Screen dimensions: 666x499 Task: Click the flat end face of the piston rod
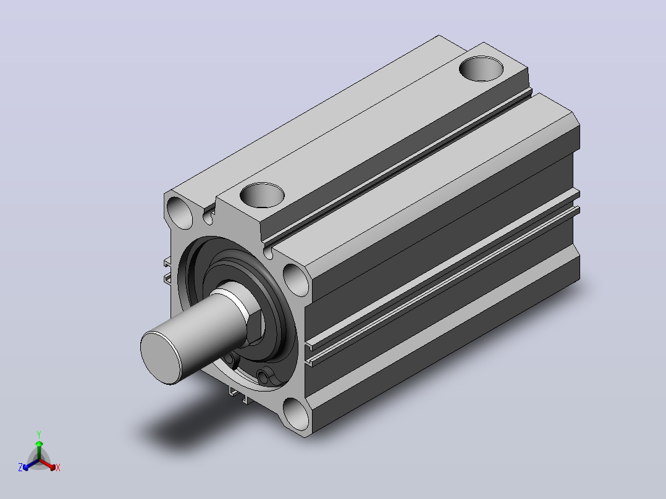pyautogui.click(x=161, y=358)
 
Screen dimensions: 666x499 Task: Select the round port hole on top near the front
pyautogui.click(x=262, y=195)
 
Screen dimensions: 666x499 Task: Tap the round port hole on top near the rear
pyautogui.click(x=481, y=69)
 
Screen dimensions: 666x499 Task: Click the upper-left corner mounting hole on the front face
pyautogui.click(x=180, y=213)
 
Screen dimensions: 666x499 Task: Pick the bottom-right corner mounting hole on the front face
pyautogui.click(x=296, y=414)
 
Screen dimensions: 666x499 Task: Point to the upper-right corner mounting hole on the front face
pyautogui.click(x=296, y=280)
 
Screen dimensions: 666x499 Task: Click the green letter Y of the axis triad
pyautogui.click(x=39, y=434)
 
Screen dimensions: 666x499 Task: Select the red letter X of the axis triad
pyautogui.click(x=58, y=468)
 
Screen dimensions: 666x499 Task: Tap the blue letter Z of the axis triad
pyautogui.click(x=20, y=468)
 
